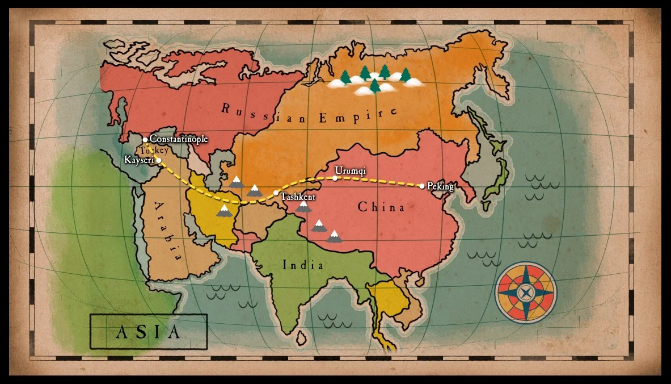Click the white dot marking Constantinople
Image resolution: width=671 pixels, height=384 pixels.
(x=145, y=139)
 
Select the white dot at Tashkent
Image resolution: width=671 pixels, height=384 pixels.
(x=276, y=193)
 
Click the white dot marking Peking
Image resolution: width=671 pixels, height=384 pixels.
(x=422, y=186)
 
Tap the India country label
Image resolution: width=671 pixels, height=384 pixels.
(x=303, y=265)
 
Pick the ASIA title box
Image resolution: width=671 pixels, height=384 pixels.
(x=149, y=331)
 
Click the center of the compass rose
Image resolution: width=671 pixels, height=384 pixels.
(x=526, y=293)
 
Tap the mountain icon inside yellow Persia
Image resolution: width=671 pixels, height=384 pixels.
(x=225, y=211)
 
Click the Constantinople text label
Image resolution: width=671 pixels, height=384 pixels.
(x=179, y=139)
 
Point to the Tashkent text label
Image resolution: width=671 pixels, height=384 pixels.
(x=298, y=197)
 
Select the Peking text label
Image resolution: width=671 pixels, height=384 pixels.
(x=441, y=186)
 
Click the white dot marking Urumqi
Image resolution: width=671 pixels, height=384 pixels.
(x=335, y=178)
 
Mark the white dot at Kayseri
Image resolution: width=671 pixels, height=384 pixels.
(x=159, y=161)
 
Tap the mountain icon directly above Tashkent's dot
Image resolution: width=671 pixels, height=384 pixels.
(x=254, y=190)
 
